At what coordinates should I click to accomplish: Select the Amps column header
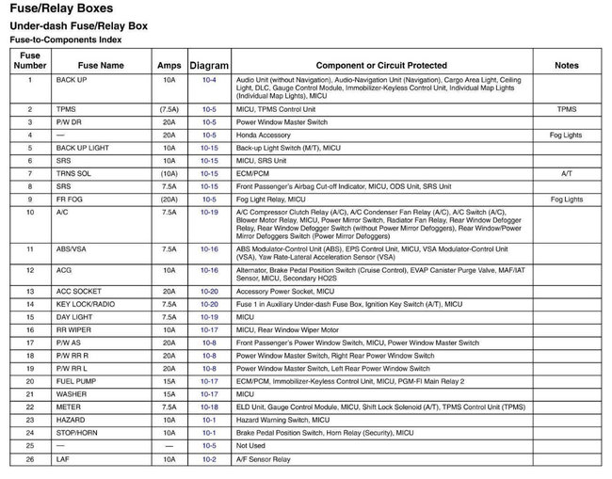(169, 66)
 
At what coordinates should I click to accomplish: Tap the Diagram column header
(209, 66)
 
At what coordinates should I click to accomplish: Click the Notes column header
(567, 66)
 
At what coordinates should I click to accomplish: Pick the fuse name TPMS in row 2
(66, 109)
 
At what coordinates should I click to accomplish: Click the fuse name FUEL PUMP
(76, 382)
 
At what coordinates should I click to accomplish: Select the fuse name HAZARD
(70, 420)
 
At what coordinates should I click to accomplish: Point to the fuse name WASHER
(71, 394)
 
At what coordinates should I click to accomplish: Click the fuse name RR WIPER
(72, 330)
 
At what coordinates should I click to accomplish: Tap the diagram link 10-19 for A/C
(209, 213)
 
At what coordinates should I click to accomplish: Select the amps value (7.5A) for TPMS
(169, 109)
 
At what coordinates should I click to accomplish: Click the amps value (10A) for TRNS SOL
(169, 174)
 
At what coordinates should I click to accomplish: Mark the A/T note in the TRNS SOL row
(567, 174)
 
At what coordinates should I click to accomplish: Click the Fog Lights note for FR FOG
(567, 200)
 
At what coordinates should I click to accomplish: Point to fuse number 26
(30, 459)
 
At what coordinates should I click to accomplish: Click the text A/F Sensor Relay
(264, 459)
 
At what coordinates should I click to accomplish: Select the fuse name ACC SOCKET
(78, 292)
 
